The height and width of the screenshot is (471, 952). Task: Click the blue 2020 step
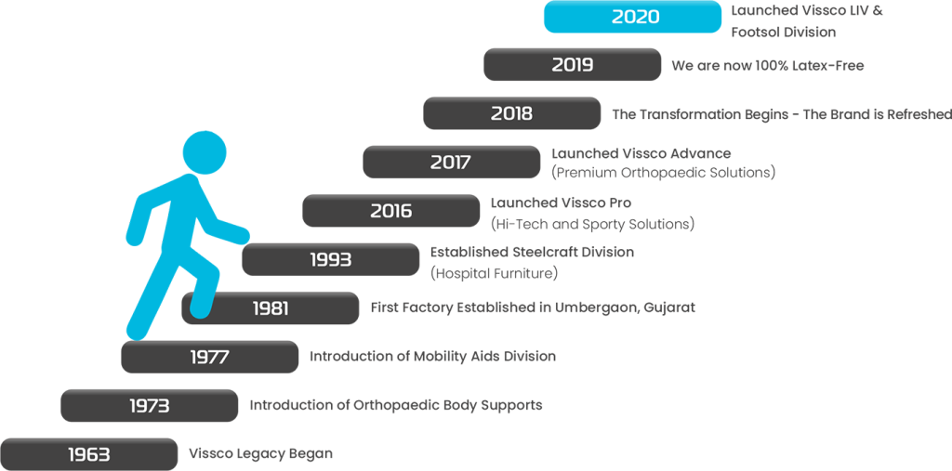(x=632, y=17)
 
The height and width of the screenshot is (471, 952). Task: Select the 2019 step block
(x=573, y=64)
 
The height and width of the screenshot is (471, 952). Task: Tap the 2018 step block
(x=512, y=113)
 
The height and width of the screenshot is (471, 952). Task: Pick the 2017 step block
(x=452, y=162)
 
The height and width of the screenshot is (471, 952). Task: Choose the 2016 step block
(x=391, y=211)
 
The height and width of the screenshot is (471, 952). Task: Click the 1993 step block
(x=331, y=260)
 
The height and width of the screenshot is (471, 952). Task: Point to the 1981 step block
(x=271, y=308)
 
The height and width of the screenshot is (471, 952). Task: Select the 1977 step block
(x=210, y=357)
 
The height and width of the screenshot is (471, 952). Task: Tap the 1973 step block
(x=150, y=405)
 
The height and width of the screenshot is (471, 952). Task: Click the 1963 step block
(x=88, y=454)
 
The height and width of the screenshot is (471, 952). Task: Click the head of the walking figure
(x=205, y=151)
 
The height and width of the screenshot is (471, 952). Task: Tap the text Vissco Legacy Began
(x=261, y=454)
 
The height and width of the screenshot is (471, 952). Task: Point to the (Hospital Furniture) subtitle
(x=495, y=274)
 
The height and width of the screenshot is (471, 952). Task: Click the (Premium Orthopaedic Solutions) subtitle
(x=664, y=173)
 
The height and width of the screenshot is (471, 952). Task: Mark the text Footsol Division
(x=783, y=33)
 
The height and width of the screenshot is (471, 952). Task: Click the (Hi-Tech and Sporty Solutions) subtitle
(x=592, y=224)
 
